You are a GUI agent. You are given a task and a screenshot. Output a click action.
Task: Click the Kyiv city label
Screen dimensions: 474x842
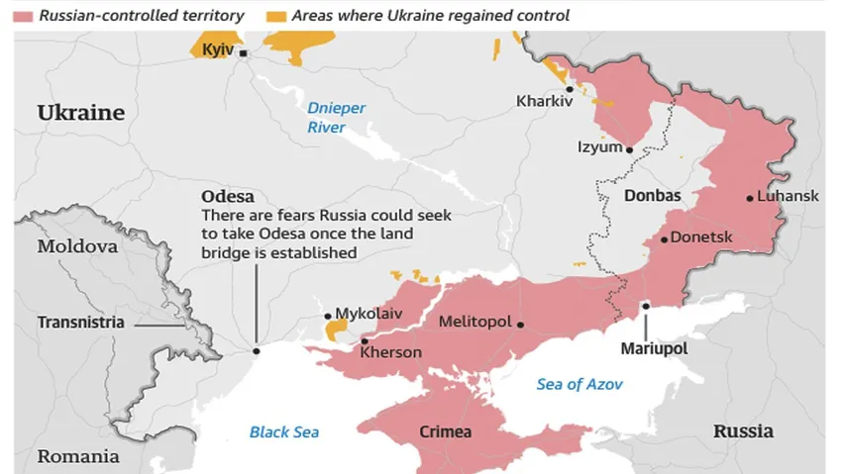coord(216,49)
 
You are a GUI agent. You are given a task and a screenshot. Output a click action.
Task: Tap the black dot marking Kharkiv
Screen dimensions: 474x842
coord(569,89)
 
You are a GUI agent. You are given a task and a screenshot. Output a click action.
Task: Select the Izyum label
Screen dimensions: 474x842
coord(598,147)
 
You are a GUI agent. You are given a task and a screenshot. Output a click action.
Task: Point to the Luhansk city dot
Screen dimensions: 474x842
coord(750,197)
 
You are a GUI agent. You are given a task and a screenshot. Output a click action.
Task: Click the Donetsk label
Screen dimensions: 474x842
coord(701,237)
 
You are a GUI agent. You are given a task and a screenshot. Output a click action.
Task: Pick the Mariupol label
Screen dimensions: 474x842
coord(654,348)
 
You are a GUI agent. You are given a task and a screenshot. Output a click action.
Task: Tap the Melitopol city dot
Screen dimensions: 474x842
coord(520,324)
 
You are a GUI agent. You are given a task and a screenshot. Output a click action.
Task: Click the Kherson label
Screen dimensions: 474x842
coord(391,352)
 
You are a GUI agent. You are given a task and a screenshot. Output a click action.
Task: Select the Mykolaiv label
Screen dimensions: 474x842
coord(368,314)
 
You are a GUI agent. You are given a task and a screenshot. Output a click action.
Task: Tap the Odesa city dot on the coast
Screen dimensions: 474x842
coord(256,350)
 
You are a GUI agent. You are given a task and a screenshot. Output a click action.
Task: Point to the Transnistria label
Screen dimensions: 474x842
coord(81,323)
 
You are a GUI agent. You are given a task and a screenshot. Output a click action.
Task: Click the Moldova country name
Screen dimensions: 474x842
coord(77,246)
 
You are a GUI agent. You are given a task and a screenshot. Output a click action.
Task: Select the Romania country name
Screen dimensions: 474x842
coord(79,456)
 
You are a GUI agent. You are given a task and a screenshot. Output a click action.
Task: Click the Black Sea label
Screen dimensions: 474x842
coord(284,431)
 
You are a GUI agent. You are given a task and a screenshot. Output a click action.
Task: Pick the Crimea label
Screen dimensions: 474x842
coord(446,432)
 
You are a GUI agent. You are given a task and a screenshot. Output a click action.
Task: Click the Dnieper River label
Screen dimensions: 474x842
coord(336,118)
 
